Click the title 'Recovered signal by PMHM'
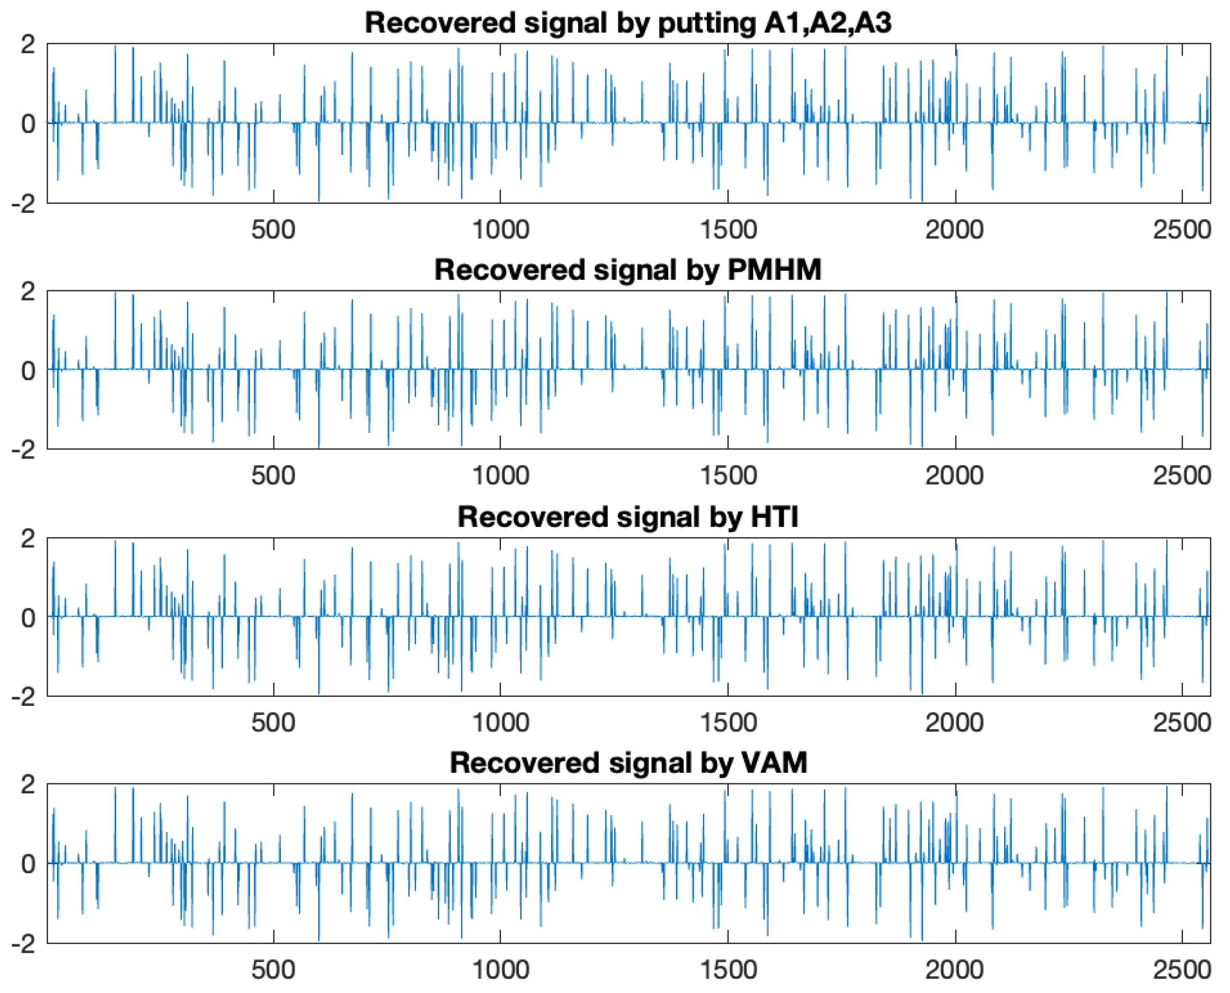point(627,270)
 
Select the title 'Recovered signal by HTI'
point(627,517)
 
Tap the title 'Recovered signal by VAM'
point(627,763)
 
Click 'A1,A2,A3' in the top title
point(827,23)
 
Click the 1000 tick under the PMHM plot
point(500,476)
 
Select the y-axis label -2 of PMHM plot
point(23,450)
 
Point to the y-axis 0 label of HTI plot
point(27,618)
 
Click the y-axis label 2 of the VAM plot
point(27,785)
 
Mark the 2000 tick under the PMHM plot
point(954,476)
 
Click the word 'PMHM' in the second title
point(774,270)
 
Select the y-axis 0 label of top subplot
point(27,124)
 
